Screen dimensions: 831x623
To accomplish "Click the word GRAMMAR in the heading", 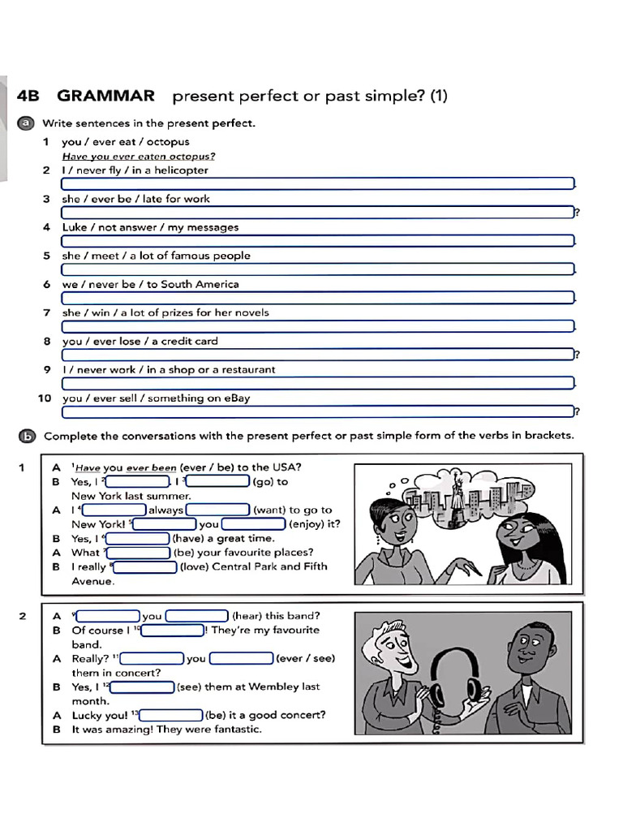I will point(105,96).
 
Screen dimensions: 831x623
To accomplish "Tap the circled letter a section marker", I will point(27,123).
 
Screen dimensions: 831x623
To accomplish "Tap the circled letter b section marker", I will point(27,435).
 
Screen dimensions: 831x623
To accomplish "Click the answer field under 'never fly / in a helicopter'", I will point(318,184).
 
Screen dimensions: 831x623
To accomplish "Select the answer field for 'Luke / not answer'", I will point(318,241).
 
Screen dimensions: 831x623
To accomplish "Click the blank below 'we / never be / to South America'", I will point(318,298).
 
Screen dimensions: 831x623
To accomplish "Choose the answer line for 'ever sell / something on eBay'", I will point(318,411).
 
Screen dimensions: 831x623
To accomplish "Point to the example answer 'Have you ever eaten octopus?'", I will point(139,157).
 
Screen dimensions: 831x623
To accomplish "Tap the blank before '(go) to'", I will point(218,482).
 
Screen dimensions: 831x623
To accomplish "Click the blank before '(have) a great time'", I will point(138,539).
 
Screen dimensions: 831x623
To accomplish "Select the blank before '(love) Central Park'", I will point(146,567).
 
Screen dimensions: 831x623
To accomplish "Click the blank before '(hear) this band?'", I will point(197,616).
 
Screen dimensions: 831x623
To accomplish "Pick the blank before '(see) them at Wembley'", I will point(143,687).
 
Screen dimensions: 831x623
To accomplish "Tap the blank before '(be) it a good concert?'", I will point(171,716).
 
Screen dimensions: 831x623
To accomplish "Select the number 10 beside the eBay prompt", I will point(45,398).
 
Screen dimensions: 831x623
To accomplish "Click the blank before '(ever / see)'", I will point(242,659).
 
